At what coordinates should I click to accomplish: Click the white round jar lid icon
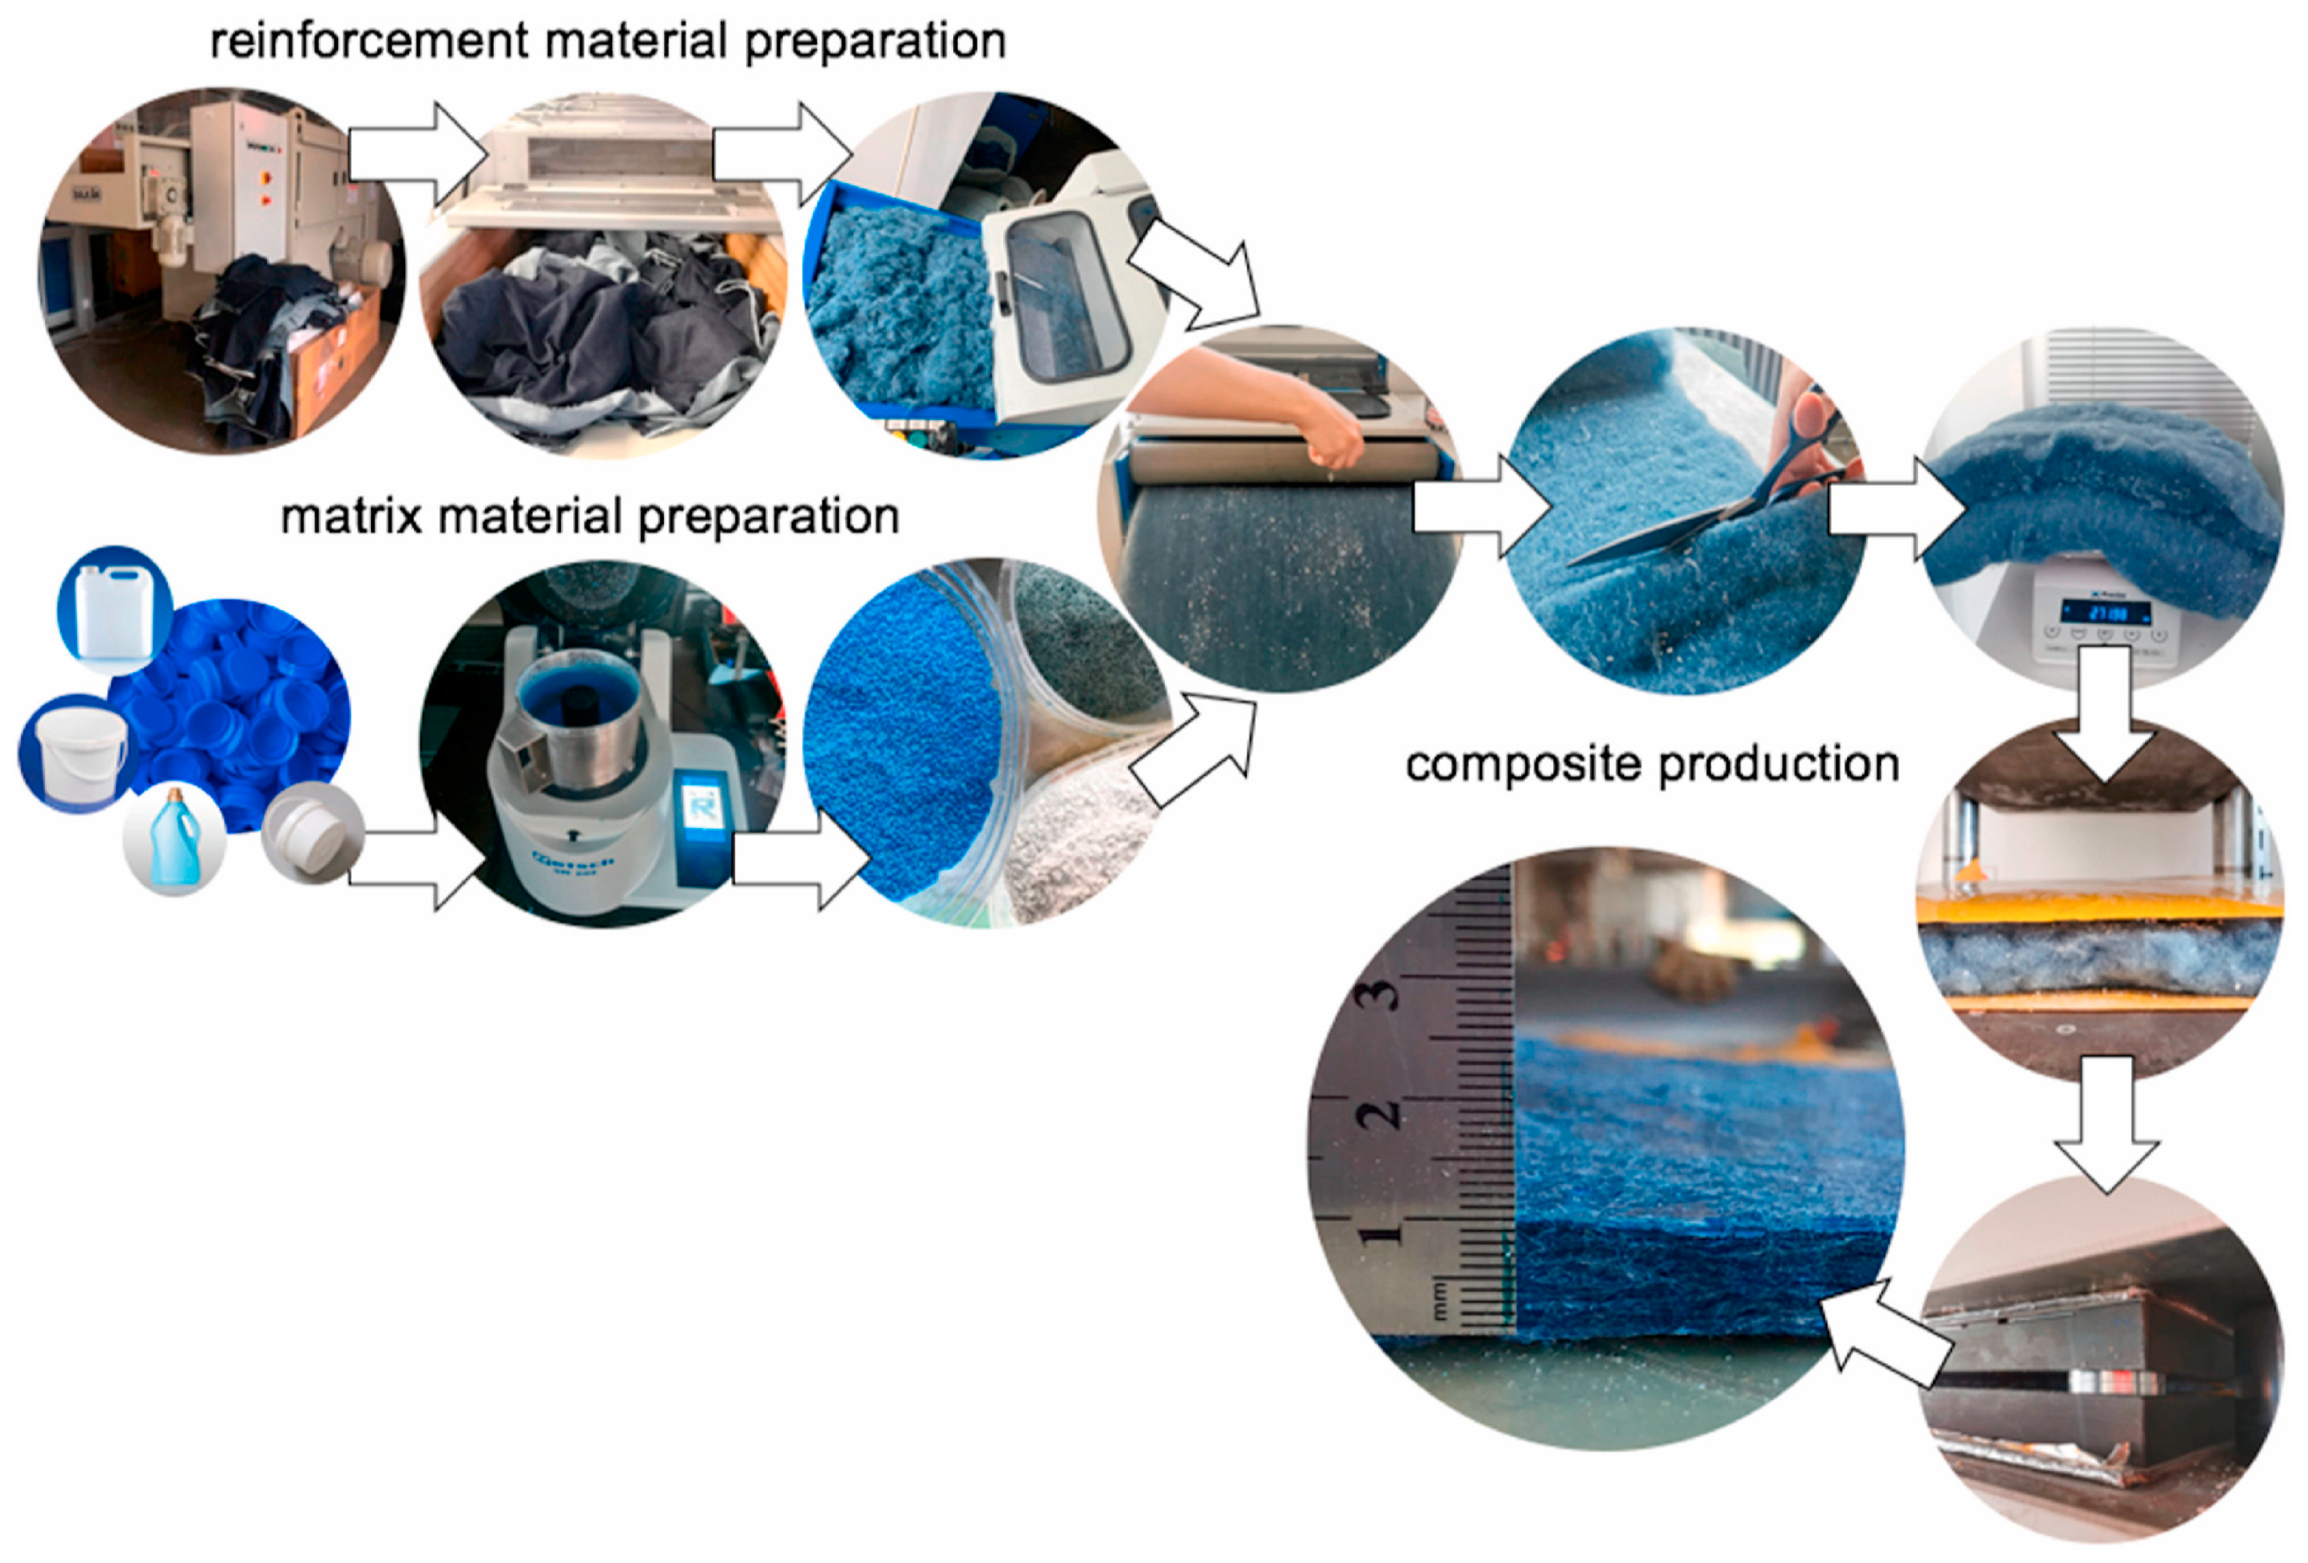(312, 832)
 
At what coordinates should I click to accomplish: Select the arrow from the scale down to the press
(2103, 715)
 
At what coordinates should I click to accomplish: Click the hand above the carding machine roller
(1330, 437)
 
